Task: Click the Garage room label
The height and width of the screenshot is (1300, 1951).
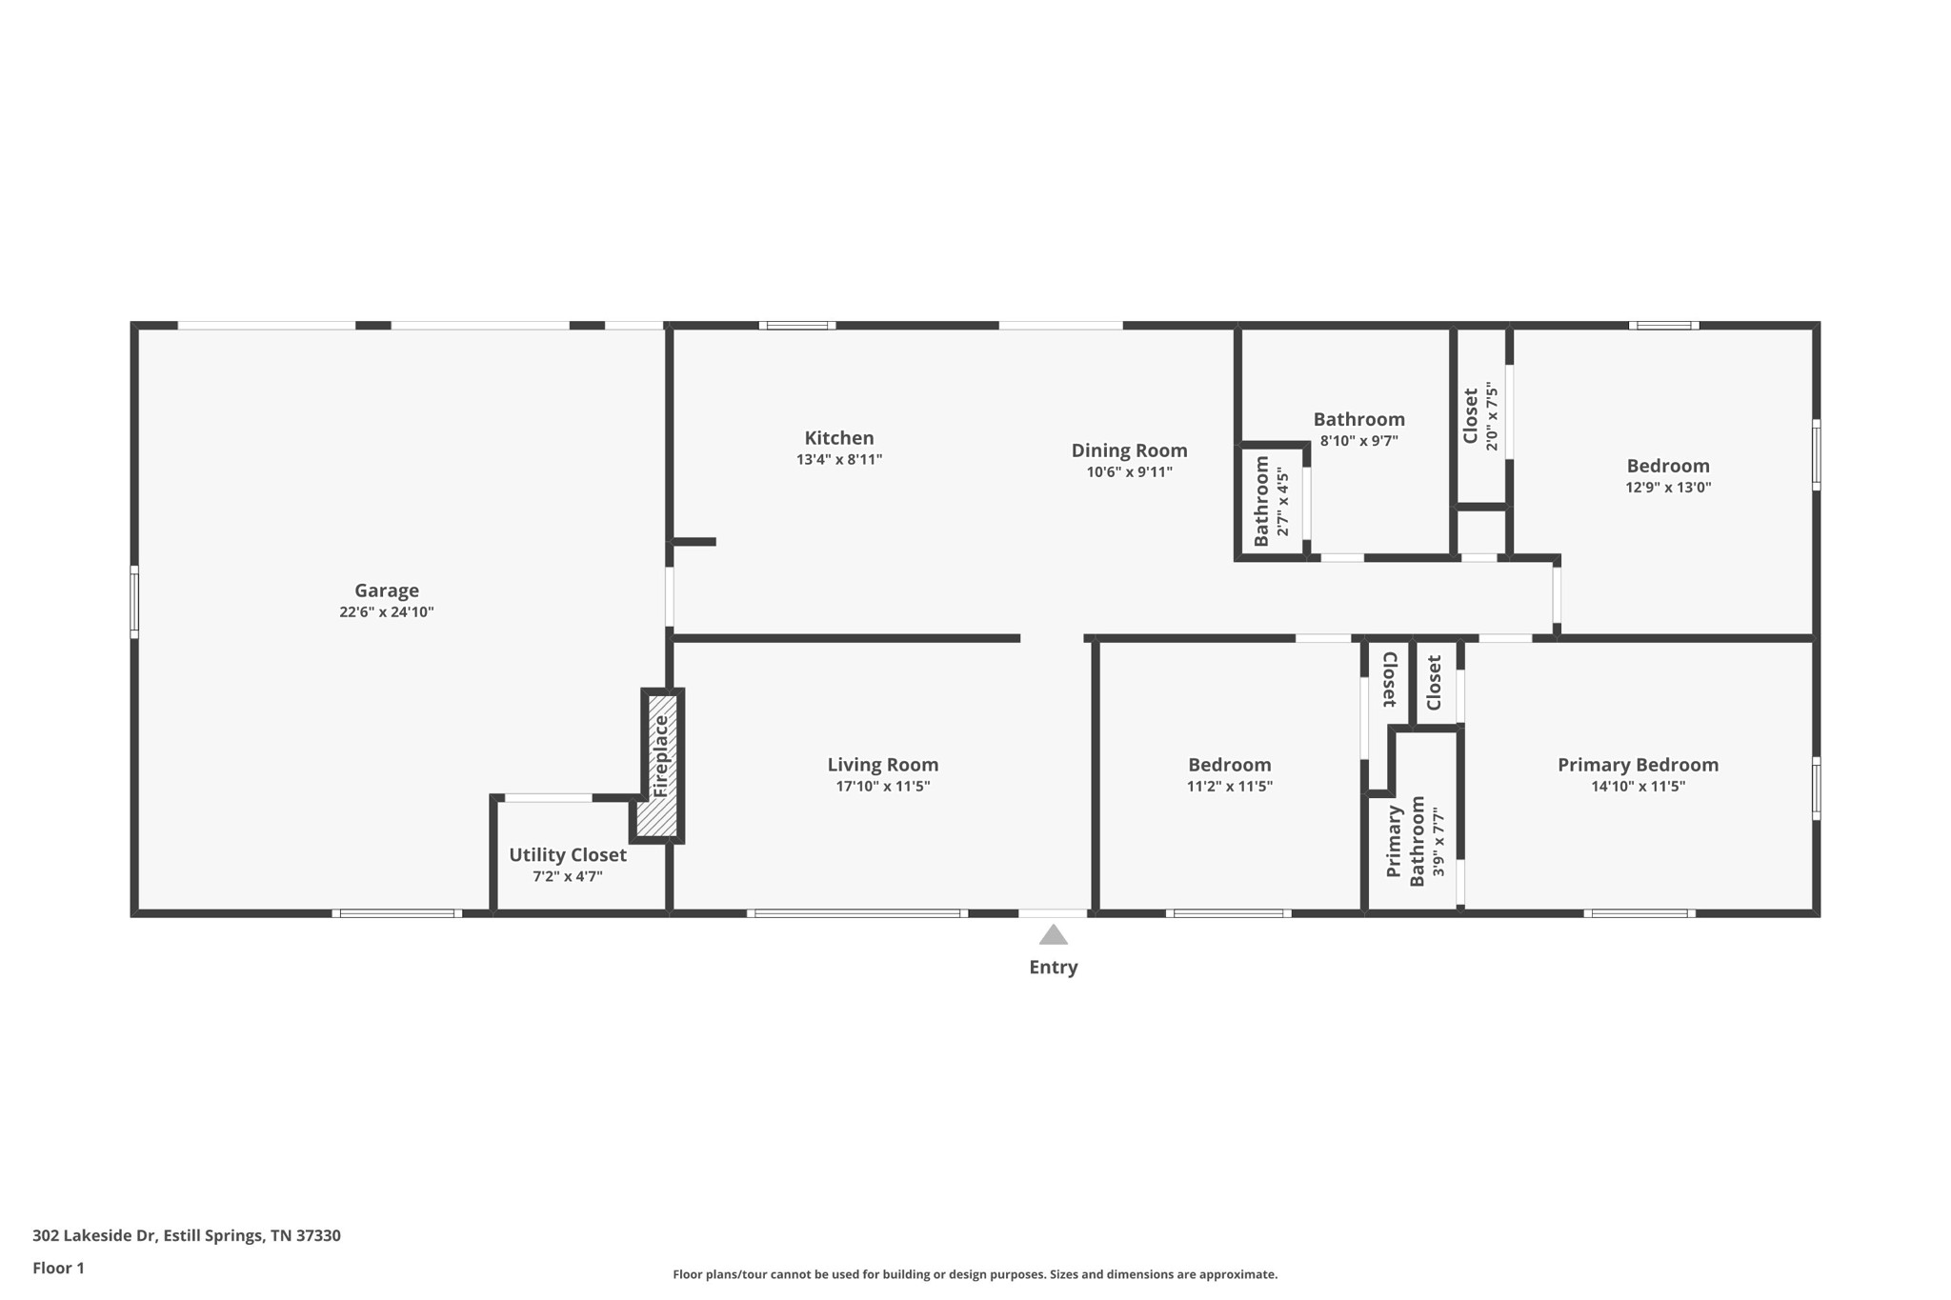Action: [387, 590]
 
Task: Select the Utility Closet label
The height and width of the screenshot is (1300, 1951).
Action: [568, 855]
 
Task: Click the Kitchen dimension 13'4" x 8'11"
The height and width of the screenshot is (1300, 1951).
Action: [839, 460]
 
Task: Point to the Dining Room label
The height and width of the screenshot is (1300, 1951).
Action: [1129, 450]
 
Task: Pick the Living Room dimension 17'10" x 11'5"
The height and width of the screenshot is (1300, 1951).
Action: [883, 787]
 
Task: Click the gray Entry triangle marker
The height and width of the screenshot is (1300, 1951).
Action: [1053, 934]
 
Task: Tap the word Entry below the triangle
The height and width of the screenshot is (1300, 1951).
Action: [1053, 968]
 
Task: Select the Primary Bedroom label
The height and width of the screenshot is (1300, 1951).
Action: [1638, 765]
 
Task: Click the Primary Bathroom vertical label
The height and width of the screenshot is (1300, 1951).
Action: [1405, 842]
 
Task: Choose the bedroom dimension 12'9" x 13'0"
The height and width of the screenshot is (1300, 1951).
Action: [1668, 488]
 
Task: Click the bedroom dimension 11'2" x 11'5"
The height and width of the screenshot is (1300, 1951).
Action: [1230, 787]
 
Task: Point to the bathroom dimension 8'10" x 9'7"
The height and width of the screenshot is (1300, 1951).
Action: [1359, 441]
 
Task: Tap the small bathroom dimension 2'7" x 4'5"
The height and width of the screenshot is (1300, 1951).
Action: [1282, 502]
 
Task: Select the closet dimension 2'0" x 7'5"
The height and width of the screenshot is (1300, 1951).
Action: [1491, 416]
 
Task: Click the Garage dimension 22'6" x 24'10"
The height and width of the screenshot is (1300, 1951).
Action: [387, 612]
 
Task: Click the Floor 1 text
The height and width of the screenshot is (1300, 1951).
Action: [58, 1269]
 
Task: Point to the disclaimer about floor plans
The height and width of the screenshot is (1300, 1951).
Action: [975, 1274]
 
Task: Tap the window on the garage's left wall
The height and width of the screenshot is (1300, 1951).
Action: [134, 602]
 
